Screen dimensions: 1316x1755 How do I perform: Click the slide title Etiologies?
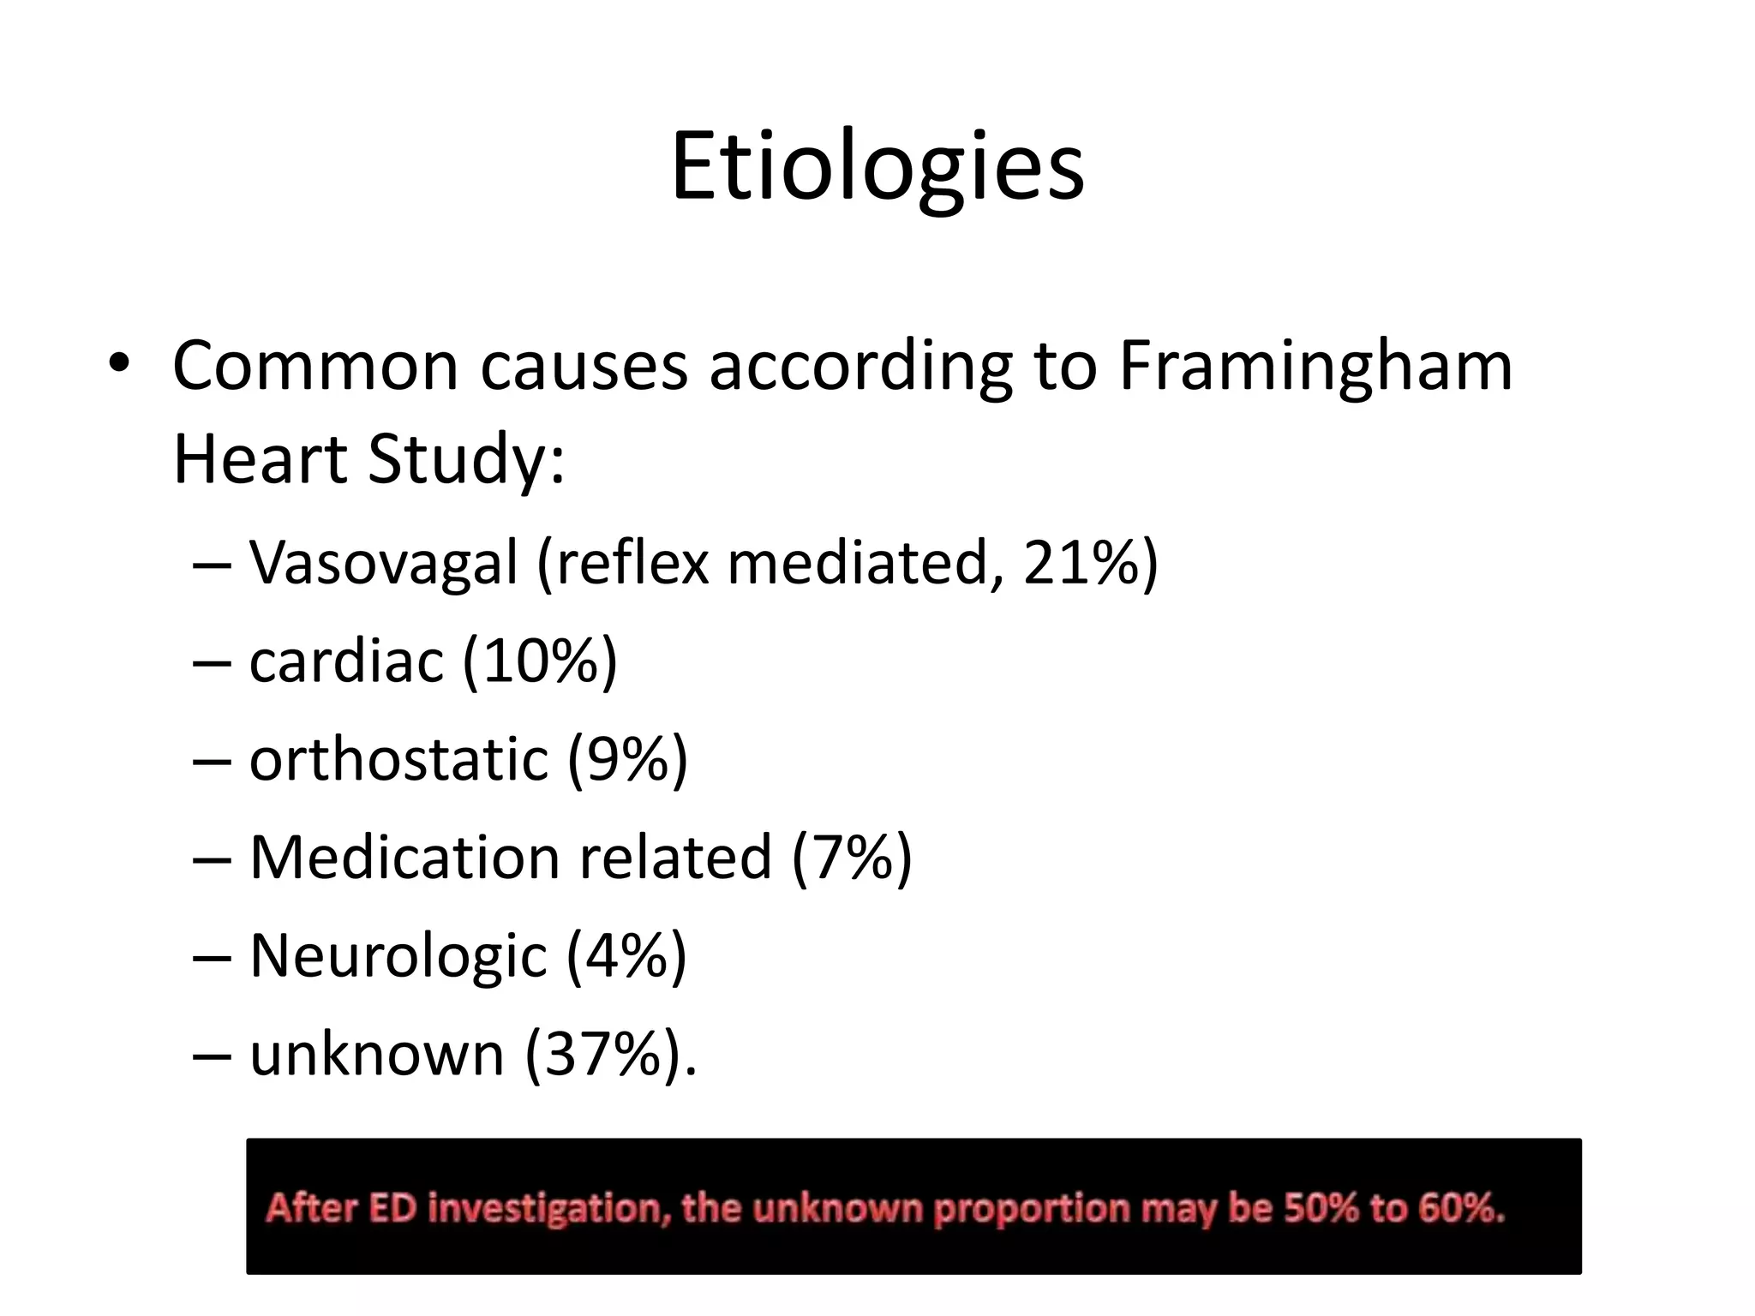pyautogui.click(x=877, y=167)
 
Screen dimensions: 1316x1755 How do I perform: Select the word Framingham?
pyautogui.click(x=1315, y=367)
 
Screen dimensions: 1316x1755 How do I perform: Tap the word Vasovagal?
pyautogui.click(x=383, y=563)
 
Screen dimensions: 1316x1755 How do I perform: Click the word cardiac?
pyautogui.click(x=346, y=661)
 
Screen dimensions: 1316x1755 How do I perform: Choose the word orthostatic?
pyautogui.click(x=398, y=760)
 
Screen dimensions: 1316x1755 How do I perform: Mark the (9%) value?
pyautogui.click(x=627, y=760)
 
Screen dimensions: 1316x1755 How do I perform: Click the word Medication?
pyautogui.click(x=404, y=858)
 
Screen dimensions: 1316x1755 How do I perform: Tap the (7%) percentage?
pyautogui.click(x=852, y=858)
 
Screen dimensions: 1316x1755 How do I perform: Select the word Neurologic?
pyautogui.click(x=398, y=956)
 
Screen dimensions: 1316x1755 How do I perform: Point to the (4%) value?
pyautogui.click(x=626, y=956)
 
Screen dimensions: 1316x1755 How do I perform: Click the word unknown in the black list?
pyautogui.click(x=376, y=1055)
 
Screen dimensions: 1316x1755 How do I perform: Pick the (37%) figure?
pyautogui.click(x=605, y=1055)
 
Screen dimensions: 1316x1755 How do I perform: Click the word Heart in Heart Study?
pyautogui.click(x=260, y=459)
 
